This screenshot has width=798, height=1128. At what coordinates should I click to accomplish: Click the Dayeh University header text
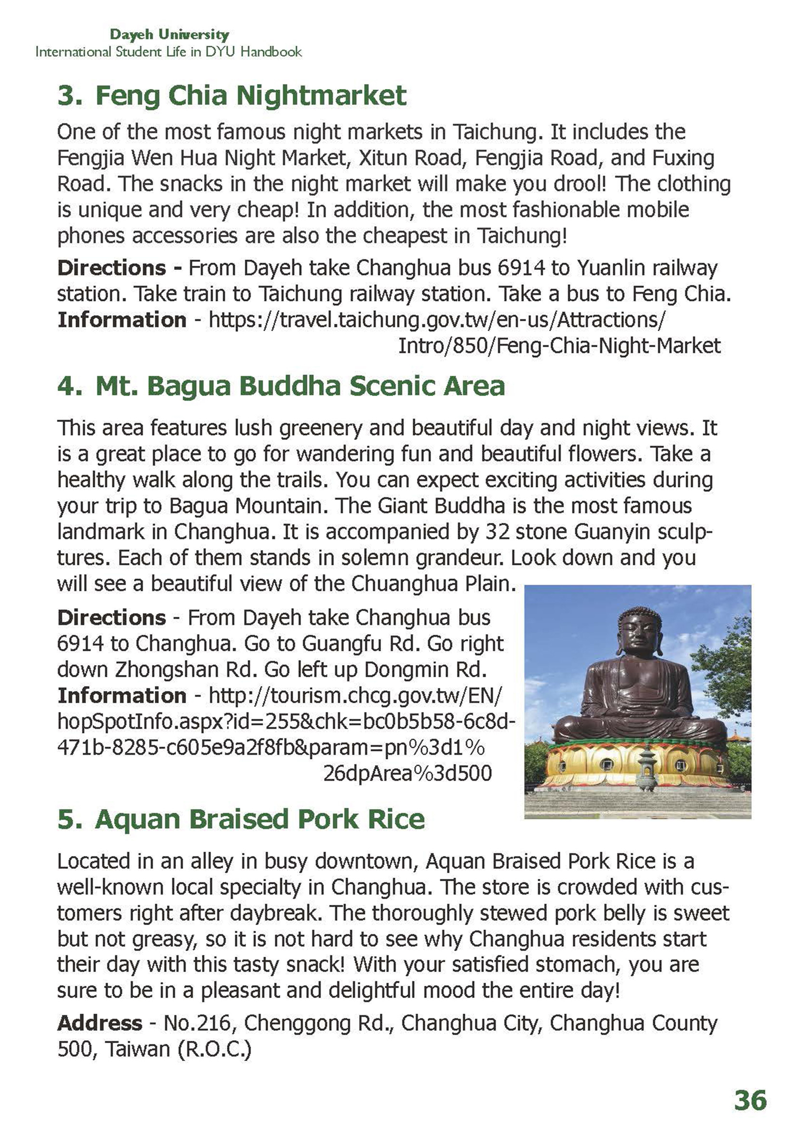click(170, 34)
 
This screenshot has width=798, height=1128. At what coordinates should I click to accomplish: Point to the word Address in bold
click(100, 1023)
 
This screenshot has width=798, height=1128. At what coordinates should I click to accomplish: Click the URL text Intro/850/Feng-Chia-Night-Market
click(559, 346)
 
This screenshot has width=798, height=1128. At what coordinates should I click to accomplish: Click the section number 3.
click(69, 95)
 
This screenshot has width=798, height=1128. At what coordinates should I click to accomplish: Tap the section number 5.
click(69, 819)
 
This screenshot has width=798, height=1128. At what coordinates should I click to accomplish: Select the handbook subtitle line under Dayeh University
click(169, 52)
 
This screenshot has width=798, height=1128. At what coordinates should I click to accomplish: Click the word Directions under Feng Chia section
click(111, 268)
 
